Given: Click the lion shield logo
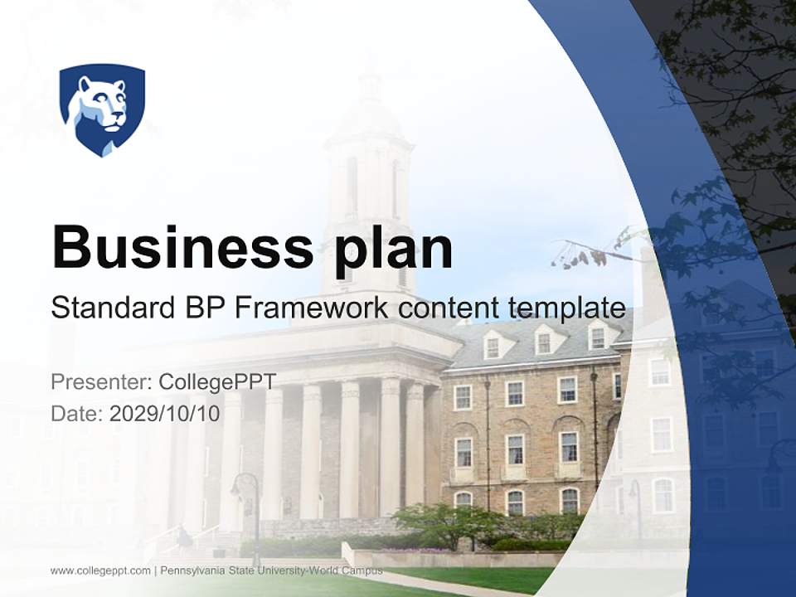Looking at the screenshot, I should (102, 109).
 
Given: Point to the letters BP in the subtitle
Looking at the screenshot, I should (202, 308).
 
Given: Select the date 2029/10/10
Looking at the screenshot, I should (165, 413).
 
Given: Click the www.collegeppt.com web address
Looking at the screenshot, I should (100, 570).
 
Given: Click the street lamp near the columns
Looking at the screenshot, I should (246, 498).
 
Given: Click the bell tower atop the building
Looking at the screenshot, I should (369, 166).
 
